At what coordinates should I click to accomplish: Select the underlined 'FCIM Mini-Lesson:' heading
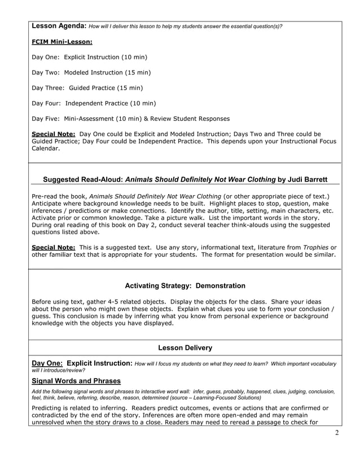pyautogui.click(x=62, y=42)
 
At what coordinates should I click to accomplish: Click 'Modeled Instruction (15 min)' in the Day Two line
pyautogui.click(x=107, y=73)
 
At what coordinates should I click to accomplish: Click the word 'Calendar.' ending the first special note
pyautogui.click(x=45, y=148)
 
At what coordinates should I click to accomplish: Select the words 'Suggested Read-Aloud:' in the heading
pyautogui.click(x=82, y=179)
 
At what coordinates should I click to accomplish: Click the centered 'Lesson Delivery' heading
pyautogui.click(x=185, y=348)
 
